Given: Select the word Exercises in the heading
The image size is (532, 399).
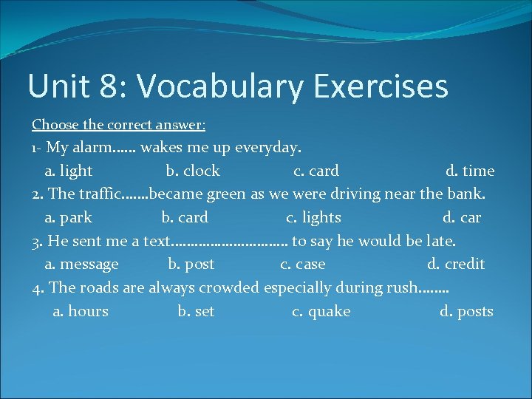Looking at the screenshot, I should (x=381, y=86).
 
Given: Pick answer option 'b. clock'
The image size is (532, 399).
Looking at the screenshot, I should (x=192, y=171).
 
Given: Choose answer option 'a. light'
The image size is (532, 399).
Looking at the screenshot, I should (x=68, y=171).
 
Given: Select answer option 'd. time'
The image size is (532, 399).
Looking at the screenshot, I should (x=470, y=171).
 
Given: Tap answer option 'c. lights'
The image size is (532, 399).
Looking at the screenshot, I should (x=313, y=218).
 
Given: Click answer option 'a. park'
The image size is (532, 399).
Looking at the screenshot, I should (x=68, y=218).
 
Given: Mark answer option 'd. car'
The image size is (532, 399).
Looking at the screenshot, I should (x=462, y=218).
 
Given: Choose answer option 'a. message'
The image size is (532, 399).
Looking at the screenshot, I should (x=81, y=265).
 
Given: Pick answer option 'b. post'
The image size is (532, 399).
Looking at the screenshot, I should (x=191, y=265).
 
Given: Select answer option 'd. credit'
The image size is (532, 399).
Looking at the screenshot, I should (x=456, y=265).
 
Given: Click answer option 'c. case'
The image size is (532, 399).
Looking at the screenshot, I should (x=302, y=265).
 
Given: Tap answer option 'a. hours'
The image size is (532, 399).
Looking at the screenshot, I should (x=81, y=312).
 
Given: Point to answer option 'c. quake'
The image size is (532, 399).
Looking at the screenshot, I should (x=321, y=312).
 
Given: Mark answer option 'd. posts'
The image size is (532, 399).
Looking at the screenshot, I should (x=466, y=312).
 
